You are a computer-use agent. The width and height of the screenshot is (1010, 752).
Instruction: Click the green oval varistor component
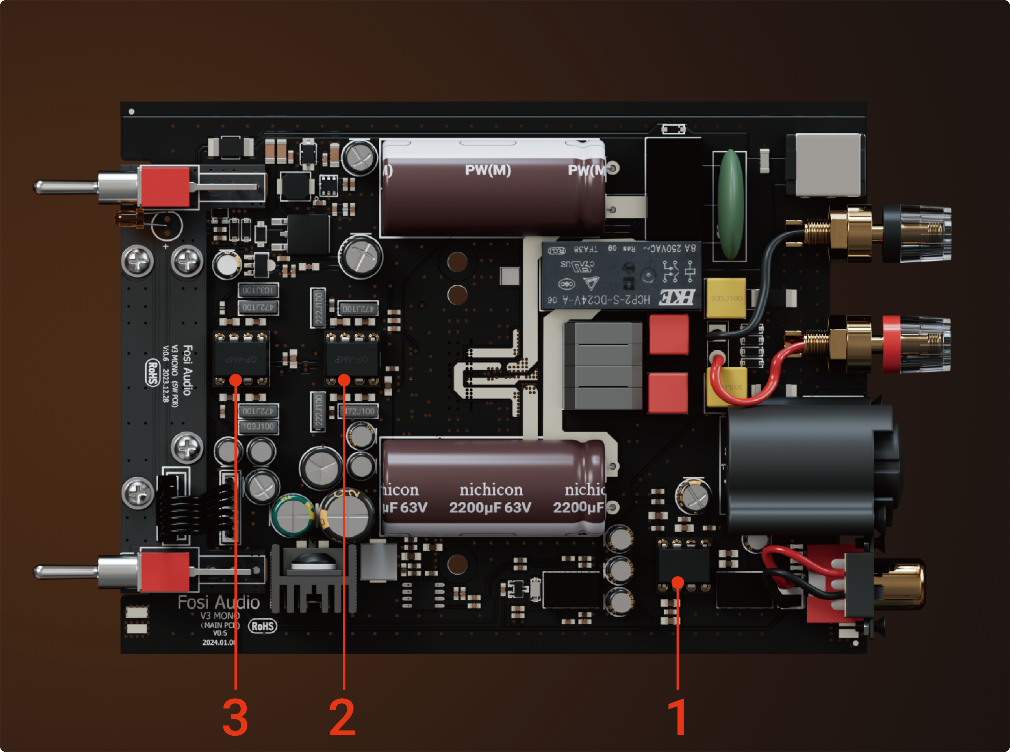[730, 205]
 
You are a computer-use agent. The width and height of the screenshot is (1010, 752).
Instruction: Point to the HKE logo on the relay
[677, 297]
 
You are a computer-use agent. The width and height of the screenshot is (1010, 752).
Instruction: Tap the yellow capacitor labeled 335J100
[726, 298]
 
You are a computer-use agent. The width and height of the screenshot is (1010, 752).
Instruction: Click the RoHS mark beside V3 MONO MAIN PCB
[263, 626]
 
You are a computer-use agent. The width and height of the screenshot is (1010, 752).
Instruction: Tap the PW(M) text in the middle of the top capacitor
[488, 170]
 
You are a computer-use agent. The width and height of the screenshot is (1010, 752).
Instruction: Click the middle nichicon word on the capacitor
[491, 490]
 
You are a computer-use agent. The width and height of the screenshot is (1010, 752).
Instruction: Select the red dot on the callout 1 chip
[678, 582]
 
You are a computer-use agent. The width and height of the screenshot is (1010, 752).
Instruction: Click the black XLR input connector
[806, 469]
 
